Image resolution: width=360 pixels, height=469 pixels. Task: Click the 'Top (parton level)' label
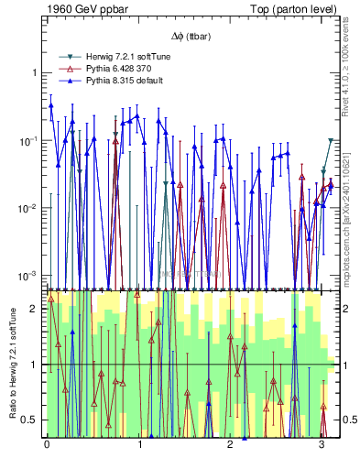click(291, 8)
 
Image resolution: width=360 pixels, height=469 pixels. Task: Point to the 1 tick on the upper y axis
click(34, 72)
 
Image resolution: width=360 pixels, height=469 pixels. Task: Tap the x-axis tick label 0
click(47, 446)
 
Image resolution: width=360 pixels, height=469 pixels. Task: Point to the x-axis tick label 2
click(230, 446)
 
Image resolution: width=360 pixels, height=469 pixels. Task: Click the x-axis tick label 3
click(322, 446)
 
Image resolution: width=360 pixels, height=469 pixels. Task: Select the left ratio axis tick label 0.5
click(29, 420)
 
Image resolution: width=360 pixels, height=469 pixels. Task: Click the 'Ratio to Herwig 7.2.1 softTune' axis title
click(10, 364)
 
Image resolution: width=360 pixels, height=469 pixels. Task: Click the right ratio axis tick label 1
click(343, 365)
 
